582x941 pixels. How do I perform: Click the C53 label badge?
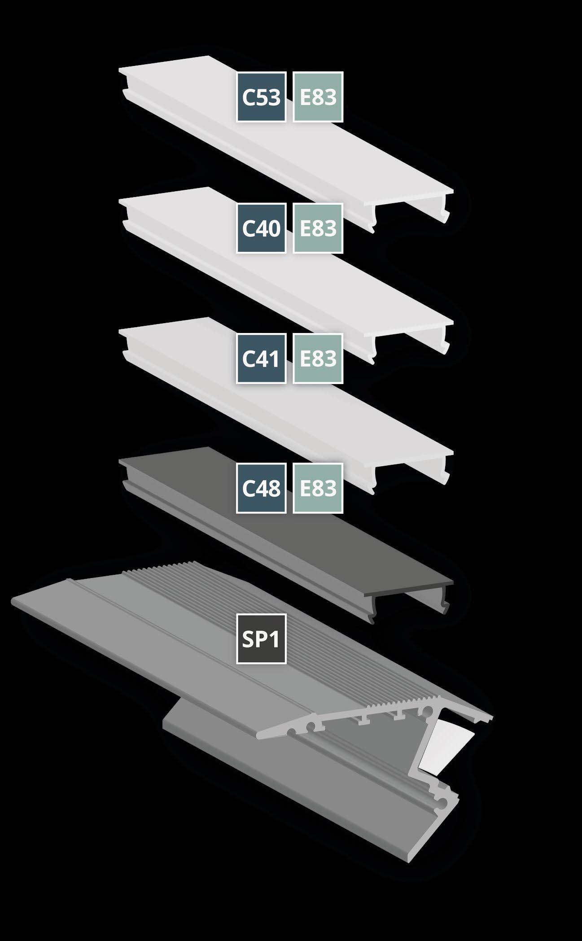click(261, 97)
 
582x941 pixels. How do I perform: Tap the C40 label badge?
click(261, 228)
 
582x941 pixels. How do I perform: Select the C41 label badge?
click(261, 359)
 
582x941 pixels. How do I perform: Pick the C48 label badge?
click(261, 488)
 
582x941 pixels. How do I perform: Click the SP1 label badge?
click(261, 640)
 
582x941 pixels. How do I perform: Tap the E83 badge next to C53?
click(318, 97)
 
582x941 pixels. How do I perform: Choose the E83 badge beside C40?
click(318, 228)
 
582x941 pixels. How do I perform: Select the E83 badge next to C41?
click(318, 359)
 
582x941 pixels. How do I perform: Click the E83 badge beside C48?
click(318, 488)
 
